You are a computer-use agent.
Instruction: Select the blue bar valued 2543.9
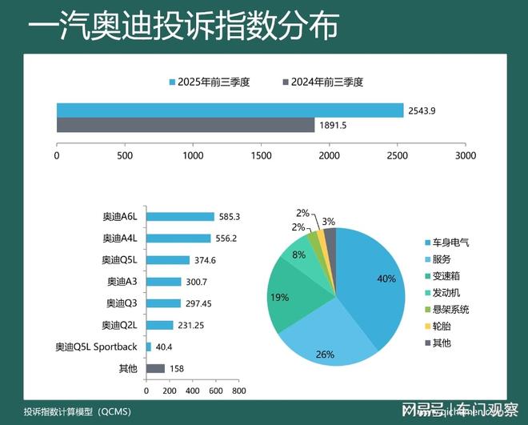click(x=230, y=110)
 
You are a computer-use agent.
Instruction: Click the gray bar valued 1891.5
click(x=185, y=125)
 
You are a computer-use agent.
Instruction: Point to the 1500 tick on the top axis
click(x=261, y=155)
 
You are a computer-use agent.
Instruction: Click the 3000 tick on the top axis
click(x=465, y=155)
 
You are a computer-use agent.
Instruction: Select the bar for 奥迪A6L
click(x=180, y=217)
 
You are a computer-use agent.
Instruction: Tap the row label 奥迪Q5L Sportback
click(x=96, y=347)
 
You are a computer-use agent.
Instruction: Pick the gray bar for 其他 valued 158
click(x=155, y=368)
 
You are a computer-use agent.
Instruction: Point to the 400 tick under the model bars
click(x=192, y=391)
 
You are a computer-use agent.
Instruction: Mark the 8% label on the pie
click(x=298, y=255)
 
